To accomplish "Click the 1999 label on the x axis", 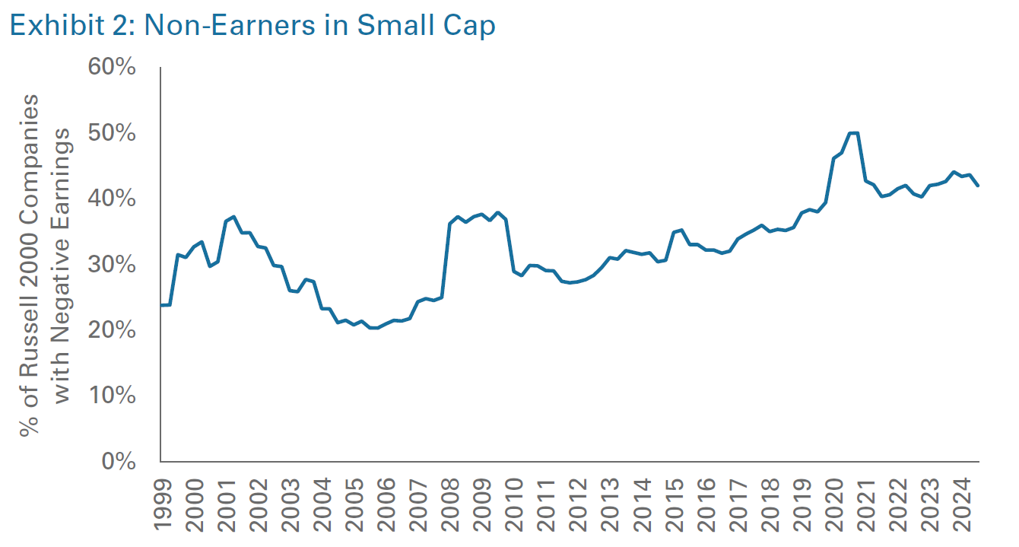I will [163, 503].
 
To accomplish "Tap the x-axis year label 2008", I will [449, 503].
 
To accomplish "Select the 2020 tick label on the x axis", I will [833, 503].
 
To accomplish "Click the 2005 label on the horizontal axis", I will [354, 503].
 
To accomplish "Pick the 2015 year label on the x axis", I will [673, 503].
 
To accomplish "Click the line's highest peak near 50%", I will [853, 133].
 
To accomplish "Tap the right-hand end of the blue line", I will [978, 186].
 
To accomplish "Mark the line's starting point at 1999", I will [161, 305].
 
